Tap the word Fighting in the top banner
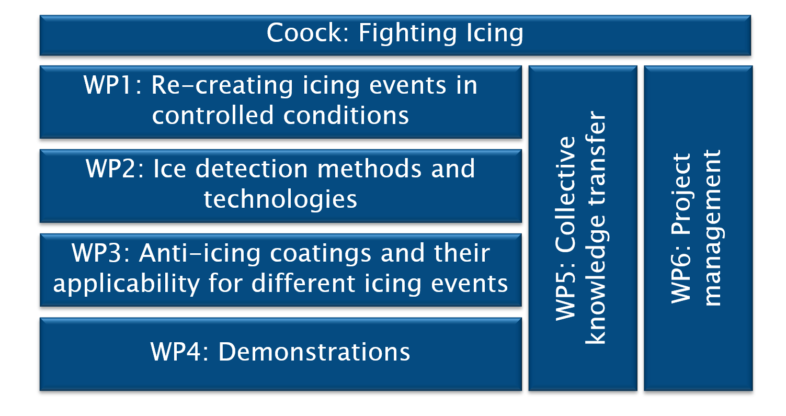[407, 34]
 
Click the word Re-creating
[222, 86]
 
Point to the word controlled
[213, 115]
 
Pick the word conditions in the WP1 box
[346, 115]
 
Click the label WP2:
[115, 169]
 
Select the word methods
[370, 169]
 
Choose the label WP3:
[101, 253]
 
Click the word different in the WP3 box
[303, 283]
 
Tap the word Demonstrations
[314, 352]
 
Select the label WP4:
[180, 352]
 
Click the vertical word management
[712, 228]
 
